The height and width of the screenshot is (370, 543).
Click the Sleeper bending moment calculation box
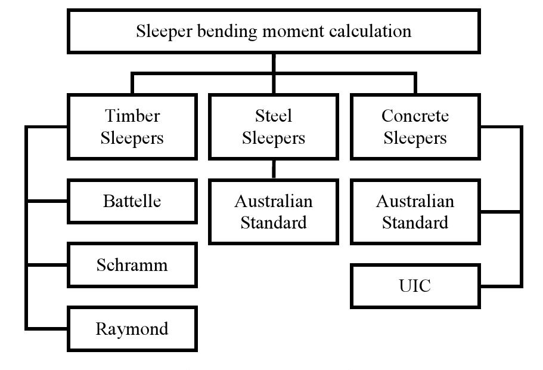(x=274, y=31)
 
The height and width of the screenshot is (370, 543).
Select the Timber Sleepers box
(x=132, y=127)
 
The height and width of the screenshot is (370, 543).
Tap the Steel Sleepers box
(x=274, y=127)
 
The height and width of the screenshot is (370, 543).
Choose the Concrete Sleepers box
(x=415, y=127)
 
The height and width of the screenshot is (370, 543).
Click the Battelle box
(x=132, y=201)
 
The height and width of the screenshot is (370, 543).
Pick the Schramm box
(x=132, y=265)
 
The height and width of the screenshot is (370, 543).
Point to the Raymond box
(x=132, y=329)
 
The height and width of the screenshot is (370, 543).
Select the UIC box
(x=415, y=286)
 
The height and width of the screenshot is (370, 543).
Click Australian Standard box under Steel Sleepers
(x=274, y=212)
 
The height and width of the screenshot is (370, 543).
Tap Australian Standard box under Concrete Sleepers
(x=415, y=212)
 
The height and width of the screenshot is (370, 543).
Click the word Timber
(x=132, y=115)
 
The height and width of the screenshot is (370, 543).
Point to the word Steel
(x=274, y=115)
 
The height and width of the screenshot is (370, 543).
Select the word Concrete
(x=415, y=115)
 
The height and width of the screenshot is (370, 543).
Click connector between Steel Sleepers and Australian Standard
(x=274, y=169)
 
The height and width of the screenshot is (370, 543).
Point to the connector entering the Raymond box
(x=48, y=328)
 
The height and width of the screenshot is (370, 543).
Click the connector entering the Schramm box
(x=48, y=265)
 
